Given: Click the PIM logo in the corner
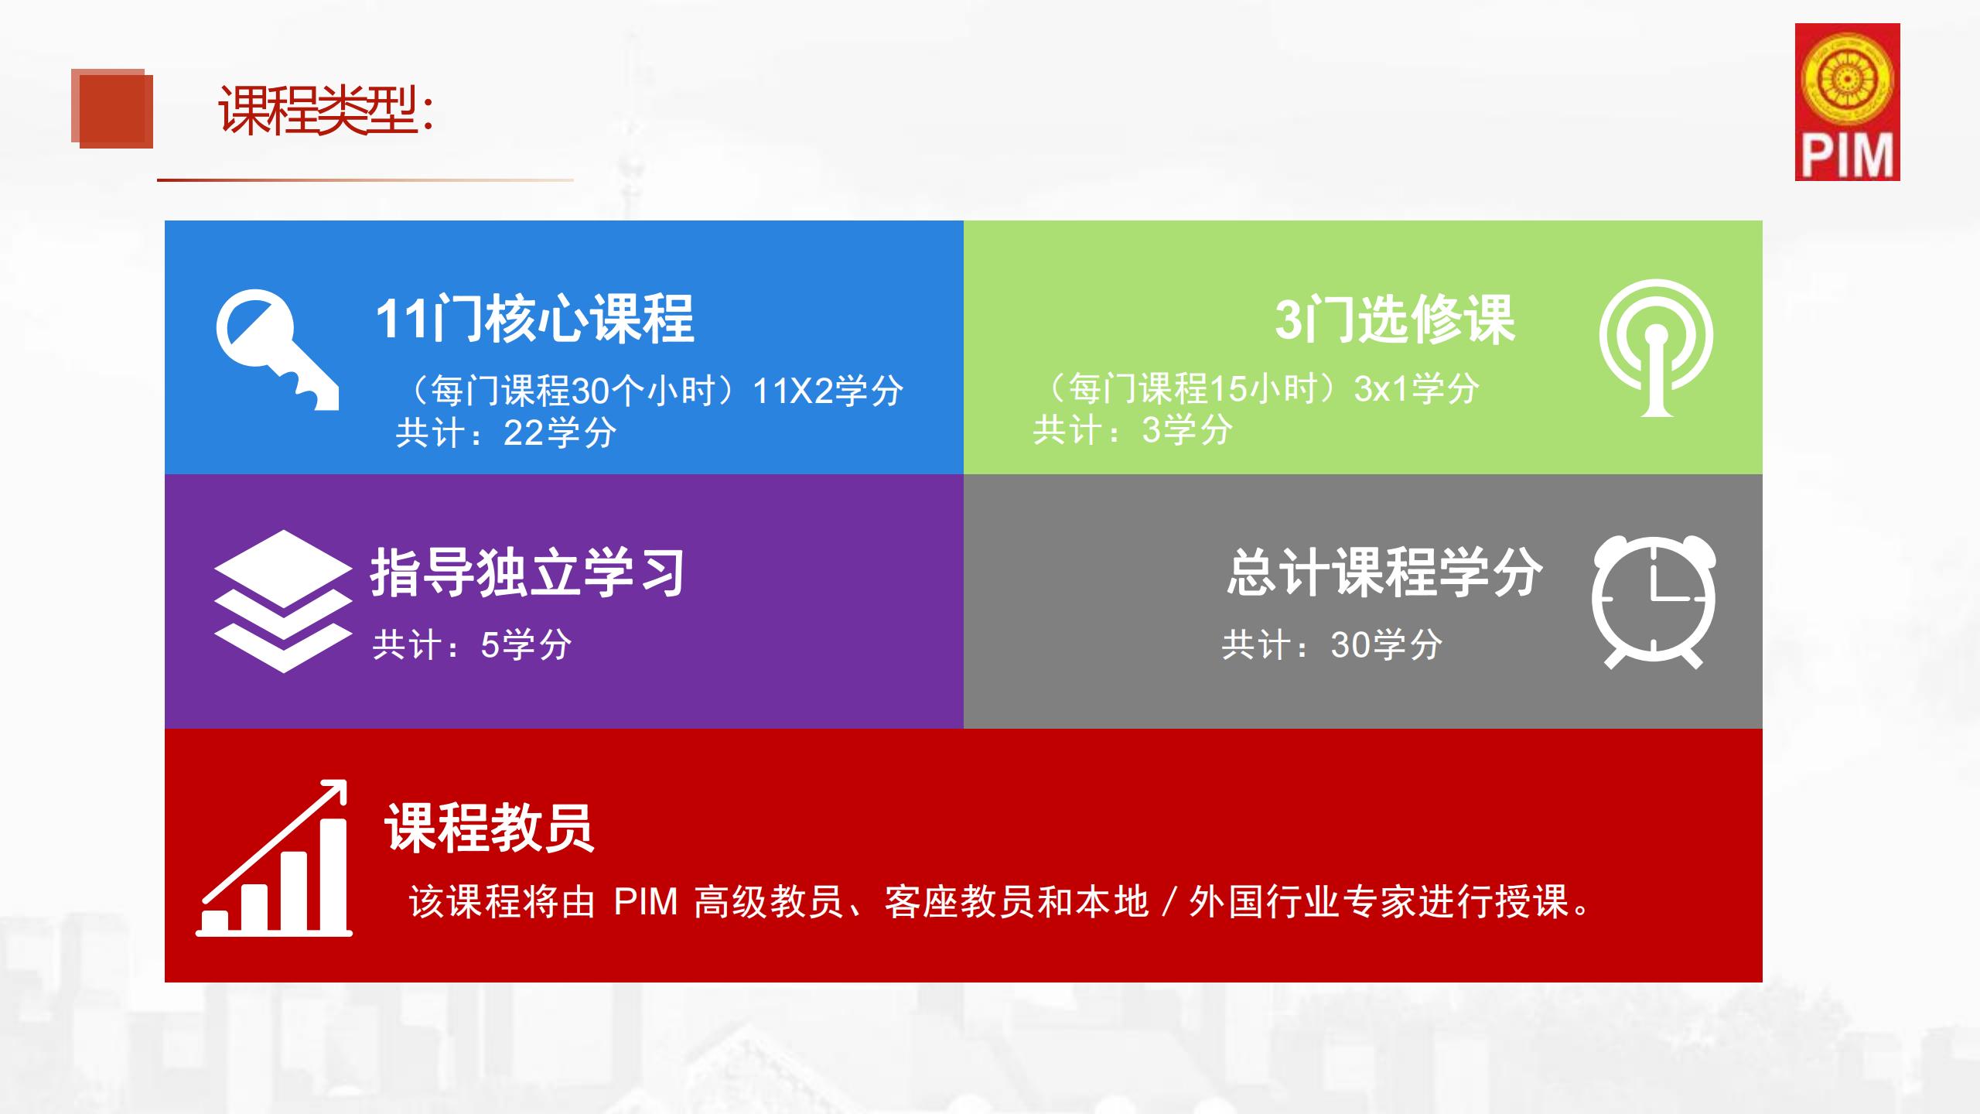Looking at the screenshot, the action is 1847,102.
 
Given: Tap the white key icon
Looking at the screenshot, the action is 277,349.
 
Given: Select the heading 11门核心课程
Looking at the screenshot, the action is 534,319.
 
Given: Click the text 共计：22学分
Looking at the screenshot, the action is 506,432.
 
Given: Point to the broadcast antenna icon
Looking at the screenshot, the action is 1656,347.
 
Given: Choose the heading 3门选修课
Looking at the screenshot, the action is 1395,319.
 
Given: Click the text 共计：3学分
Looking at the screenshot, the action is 1132,429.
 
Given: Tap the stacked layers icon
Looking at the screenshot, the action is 283,601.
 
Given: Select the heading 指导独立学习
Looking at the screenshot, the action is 527,572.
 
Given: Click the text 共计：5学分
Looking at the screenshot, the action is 472,644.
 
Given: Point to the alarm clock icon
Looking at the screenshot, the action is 1654,601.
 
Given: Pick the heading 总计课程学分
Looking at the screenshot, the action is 1384,572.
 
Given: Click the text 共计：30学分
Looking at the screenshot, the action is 1332,644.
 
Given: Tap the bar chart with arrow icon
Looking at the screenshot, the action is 275,858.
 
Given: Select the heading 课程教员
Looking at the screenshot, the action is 490,827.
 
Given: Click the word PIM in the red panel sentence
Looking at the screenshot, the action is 645,902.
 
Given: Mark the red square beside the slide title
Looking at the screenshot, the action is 112,108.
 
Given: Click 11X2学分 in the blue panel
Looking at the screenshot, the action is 828,391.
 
